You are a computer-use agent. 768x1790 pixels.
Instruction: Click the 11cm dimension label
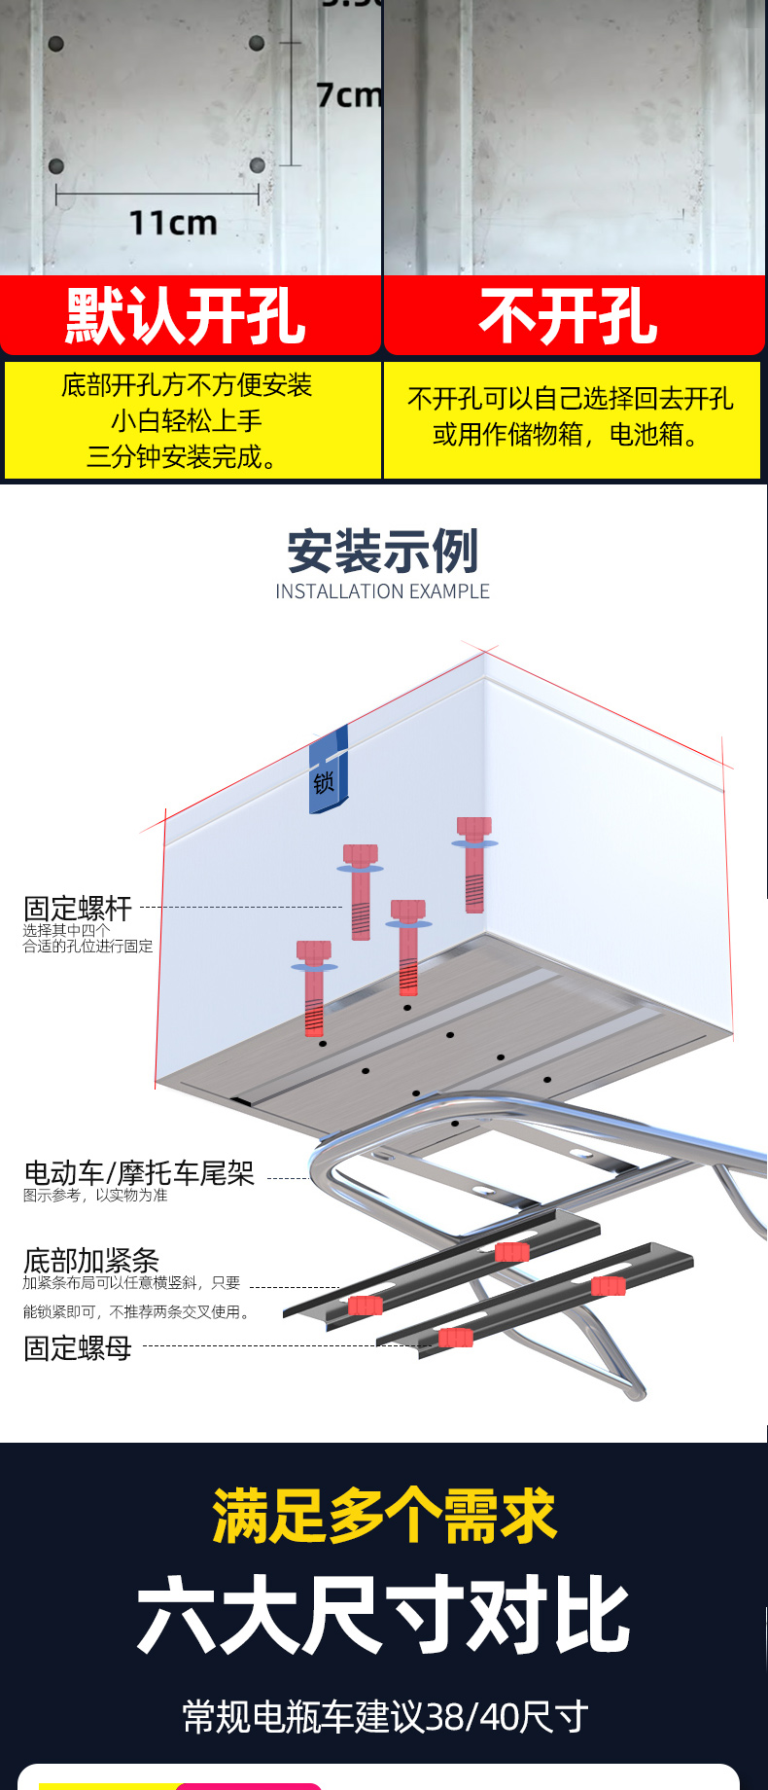[x=173, y=223]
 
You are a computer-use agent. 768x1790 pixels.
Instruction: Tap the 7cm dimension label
[x=348, y=95]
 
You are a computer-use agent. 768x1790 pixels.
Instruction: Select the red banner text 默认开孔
[x=186, y=316]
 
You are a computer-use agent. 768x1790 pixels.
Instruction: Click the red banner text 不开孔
[x=569, y=316]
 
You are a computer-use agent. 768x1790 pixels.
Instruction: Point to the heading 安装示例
[x=383, y=552]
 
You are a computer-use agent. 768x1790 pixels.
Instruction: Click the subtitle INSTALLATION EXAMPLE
[x=382, y=591]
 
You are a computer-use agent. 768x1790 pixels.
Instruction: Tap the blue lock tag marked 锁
[x=328, y=771]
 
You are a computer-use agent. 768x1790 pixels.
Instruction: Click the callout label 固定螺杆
[x=78, y=909]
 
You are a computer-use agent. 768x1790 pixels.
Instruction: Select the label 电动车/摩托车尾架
[x=139, y=1173]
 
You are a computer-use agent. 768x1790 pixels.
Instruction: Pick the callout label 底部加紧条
[x=91, y=1261]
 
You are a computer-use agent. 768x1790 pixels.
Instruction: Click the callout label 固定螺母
[x=78, y=1348]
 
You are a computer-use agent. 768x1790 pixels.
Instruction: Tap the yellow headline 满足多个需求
[x=384, y=1516]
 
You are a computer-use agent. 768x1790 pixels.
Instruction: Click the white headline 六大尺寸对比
[x=384, y=1616]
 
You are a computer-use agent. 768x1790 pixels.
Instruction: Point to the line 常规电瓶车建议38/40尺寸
[x=385, y=1717]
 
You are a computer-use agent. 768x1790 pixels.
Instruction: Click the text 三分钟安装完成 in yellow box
[x=182, y=456]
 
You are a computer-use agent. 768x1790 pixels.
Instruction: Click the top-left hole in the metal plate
[x=55, y=44]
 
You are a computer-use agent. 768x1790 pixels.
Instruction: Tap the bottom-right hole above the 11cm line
[x=257, y=165]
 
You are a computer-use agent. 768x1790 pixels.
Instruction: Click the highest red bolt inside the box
[x=473, y=865]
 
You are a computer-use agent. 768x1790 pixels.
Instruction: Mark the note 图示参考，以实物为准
[x=95, y=1196]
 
